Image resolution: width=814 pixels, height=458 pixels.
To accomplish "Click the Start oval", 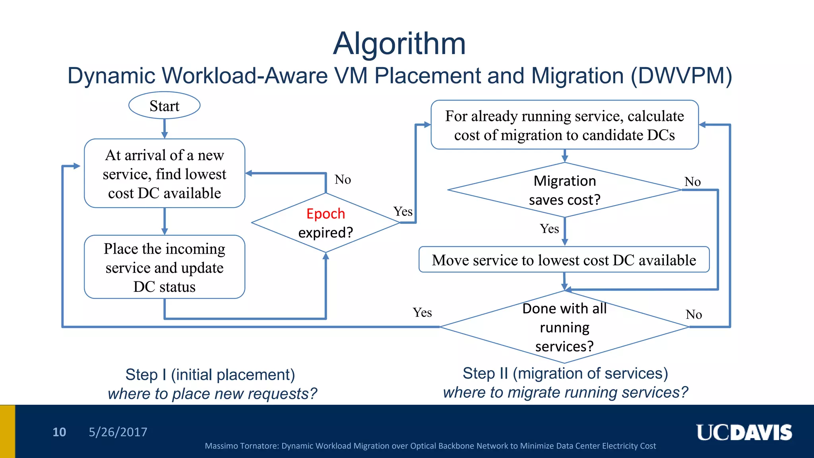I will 164,106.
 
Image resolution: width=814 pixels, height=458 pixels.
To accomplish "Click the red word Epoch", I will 326,214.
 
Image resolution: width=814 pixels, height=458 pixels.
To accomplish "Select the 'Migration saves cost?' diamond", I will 564,190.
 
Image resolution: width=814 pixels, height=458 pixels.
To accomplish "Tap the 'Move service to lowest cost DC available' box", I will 564,260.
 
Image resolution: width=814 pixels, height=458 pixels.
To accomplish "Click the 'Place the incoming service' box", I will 164,267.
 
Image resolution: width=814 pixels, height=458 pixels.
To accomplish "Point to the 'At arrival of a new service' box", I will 164,174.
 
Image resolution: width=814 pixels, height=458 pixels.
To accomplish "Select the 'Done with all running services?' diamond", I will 564,327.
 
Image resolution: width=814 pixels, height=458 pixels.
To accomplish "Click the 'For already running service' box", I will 564,125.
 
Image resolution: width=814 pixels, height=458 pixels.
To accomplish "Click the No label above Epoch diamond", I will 343,180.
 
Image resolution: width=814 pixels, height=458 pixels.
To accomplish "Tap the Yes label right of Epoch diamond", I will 403,212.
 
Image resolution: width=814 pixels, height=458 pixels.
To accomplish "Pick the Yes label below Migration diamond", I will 549,229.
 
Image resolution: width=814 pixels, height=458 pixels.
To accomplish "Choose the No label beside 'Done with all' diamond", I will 694,315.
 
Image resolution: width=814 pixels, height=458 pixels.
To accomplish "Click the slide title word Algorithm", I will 399,44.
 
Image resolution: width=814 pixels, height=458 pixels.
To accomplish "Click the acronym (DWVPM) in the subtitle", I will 681,76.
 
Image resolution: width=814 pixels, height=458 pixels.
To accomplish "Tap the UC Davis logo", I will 744,433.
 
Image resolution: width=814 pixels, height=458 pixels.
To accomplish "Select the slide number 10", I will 59,432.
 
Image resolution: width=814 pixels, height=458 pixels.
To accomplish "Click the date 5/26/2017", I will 118,432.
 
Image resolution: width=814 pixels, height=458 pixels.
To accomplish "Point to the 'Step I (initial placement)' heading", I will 210,375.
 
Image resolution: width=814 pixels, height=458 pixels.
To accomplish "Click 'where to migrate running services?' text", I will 565,393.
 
